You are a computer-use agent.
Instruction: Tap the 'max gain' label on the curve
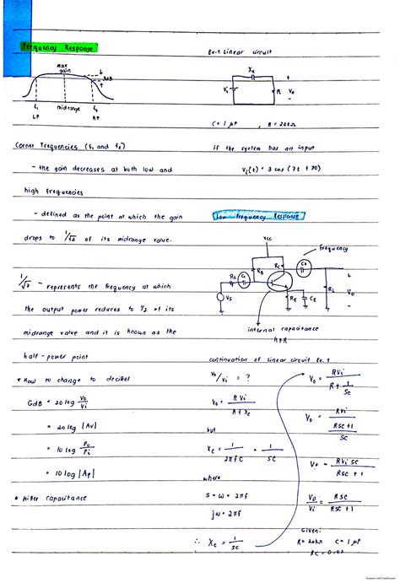[62, 67]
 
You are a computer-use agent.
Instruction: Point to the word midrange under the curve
[69, 109]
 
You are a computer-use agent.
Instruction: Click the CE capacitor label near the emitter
[302, 298]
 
